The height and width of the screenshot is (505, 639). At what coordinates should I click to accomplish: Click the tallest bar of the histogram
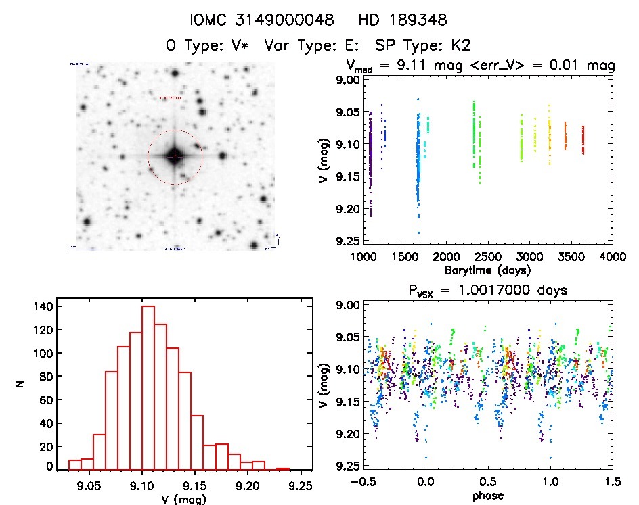point(148,387)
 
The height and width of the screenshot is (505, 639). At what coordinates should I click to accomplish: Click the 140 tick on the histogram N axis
point(42,306)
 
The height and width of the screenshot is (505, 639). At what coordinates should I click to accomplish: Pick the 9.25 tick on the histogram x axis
point(301,485)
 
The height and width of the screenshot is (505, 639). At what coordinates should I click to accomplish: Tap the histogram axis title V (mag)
point(184,500)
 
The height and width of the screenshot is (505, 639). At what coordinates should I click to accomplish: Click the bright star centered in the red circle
point(174,156)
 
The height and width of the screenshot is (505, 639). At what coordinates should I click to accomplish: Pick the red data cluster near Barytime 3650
point(583,141)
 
